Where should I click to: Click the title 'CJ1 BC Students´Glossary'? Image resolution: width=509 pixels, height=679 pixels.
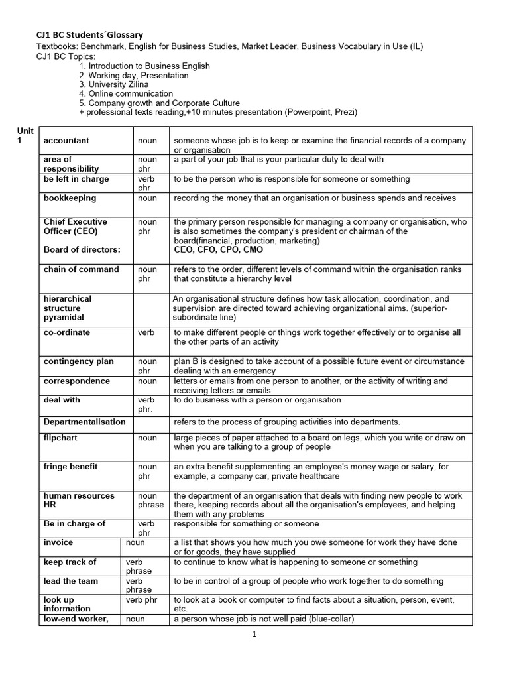89,34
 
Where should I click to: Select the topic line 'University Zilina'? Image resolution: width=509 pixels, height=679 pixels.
113,84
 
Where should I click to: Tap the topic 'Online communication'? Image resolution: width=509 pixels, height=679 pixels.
125,93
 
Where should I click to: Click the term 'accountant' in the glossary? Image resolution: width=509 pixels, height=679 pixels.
66,141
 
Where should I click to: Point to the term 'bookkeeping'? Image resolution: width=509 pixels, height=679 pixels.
70,198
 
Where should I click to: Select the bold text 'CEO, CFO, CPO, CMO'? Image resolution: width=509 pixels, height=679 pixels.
218,250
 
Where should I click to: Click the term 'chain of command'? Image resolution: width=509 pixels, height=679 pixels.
82,269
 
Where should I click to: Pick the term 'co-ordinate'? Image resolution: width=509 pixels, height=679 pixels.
67,332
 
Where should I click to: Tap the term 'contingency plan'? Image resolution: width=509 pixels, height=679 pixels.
79,361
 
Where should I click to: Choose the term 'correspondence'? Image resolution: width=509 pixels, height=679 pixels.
76,381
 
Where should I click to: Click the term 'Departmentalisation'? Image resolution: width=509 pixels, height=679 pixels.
84,422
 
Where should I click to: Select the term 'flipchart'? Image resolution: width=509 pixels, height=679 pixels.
61,438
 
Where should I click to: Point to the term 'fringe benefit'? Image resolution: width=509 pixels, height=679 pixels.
71,467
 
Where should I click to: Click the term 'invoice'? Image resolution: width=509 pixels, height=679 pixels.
58,542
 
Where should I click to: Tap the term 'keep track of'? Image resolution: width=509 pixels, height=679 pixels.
70,562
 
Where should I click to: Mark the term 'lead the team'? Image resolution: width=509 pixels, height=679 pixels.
71,581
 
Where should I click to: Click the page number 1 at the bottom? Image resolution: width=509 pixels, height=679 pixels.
254,634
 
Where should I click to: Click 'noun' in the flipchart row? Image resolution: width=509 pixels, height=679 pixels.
147,438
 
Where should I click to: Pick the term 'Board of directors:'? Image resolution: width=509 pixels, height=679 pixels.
82,250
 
